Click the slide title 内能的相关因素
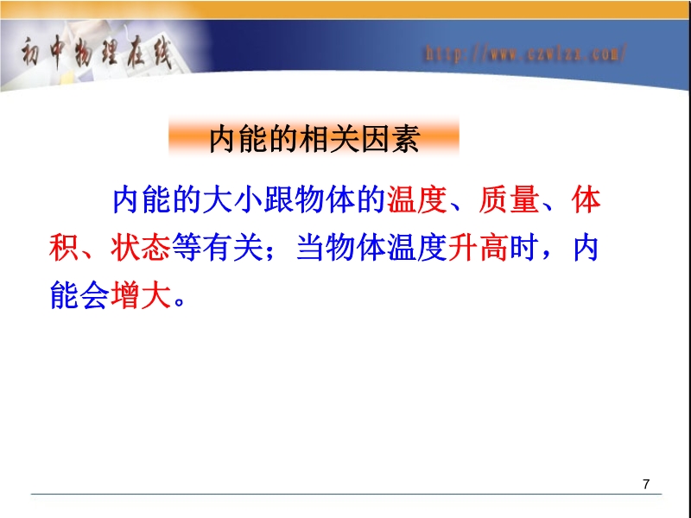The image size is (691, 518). (x=314, y=139)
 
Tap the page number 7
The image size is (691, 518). (x=646, y=484)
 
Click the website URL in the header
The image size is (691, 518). (x=525, y=54)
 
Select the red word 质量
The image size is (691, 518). (x=509, y=200)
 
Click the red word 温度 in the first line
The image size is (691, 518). (x=417, y=200)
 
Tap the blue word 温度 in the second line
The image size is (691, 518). (x=417, y=248)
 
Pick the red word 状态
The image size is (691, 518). (x=140, y=248)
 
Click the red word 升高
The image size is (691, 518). (x=479, y=248)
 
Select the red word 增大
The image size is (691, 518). (x=140, y=295)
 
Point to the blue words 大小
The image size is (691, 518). (x=232, y=200)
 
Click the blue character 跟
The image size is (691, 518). (x=278, y=200)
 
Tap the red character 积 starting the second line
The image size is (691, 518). (x=63, y=248)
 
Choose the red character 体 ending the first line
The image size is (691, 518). (x=586, y=200)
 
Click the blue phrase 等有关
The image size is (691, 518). (x=218, y=248)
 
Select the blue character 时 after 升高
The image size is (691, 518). (x=524, y=248)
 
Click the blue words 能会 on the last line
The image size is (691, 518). (x=79, y=295)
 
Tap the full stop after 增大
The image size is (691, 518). (x=180, y=301)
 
